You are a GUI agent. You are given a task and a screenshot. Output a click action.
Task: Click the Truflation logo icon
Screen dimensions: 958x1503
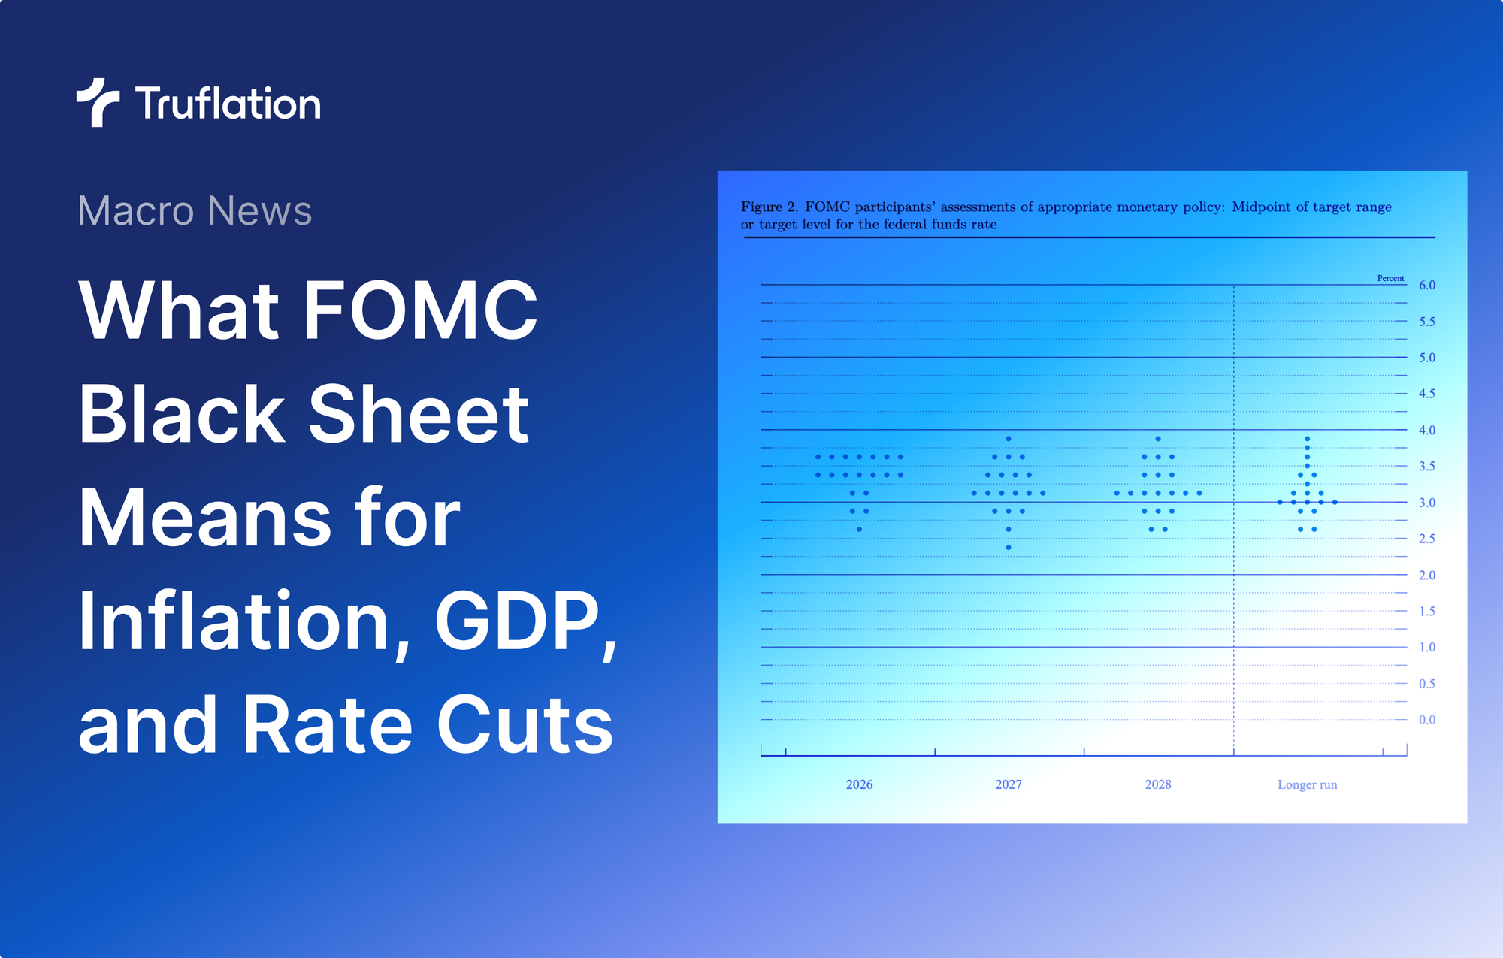[97, 102]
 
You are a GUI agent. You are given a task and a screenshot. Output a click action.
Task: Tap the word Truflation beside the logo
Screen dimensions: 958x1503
[228, 104]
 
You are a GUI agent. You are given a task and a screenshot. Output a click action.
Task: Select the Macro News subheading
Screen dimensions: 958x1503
[195, 210]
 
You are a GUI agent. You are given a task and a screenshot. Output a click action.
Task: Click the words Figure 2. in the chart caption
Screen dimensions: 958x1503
[769, 207]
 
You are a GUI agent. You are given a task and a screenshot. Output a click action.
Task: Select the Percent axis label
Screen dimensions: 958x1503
[1390, 278]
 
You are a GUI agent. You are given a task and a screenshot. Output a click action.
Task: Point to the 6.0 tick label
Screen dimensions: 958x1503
[1426, 286]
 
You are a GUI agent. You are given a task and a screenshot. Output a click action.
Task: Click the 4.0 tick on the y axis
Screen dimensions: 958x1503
[1426, 431]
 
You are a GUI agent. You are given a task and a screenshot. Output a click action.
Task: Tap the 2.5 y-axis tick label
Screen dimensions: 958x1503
[1426, 539]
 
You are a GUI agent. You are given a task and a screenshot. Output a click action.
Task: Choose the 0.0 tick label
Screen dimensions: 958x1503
[1426, 720]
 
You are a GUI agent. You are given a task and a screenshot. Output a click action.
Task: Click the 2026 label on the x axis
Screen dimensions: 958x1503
[859, 784]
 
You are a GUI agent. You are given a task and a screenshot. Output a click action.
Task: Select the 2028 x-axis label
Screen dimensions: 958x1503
[1157, 784]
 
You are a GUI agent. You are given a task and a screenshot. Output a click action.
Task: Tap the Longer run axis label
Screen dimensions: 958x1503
[1307, 784]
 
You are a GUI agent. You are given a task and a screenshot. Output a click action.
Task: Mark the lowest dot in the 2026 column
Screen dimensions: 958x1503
[859, 530]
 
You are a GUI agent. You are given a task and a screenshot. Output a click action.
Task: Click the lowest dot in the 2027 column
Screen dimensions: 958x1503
[1009, 548]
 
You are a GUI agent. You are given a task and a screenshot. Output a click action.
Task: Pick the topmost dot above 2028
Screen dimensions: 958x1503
[1158, 439]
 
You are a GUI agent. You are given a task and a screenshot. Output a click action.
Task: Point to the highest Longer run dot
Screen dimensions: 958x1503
[1308, 439]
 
